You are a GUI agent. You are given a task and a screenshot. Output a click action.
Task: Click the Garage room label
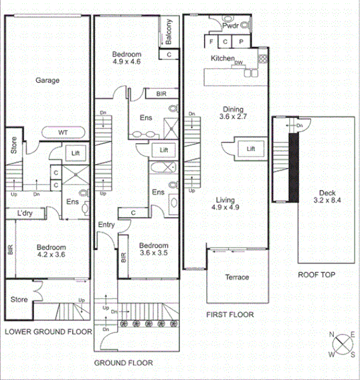pyautogui.click(x=48, y=80)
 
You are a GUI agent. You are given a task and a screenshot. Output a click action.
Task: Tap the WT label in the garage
pyautogui.click(x=63, y=132)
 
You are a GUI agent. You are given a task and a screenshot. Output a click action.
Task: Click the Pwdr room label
pyautogui.click(x=231, y=25)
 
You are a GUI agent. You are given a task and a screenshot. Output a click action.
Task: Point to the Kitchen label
pyautogui.click(x=222, y=59)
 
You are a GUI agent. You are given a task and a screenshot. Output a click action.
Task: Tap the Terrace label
pyautogui.click(x=237, y=277)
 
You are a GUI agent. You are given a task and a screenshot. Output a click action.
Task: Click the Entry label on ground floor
pyautogui.click(x=106, y=225)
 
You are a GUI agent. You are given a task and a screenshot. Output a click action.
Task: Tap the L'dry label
pyautogui.click(x=25, y=214)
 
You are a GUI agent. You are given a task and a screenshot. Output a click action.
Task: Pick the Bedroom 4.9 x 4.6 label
pyautogui.click(x=126, y=58)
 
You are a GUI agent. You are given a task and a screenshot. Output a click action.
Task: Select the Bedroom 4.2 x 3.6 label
pyautogui.click(x=51, y=251)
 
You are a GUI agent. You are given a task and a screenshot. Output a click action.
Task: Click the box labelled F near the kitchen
pyautogui.click(x=211, y=41)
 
